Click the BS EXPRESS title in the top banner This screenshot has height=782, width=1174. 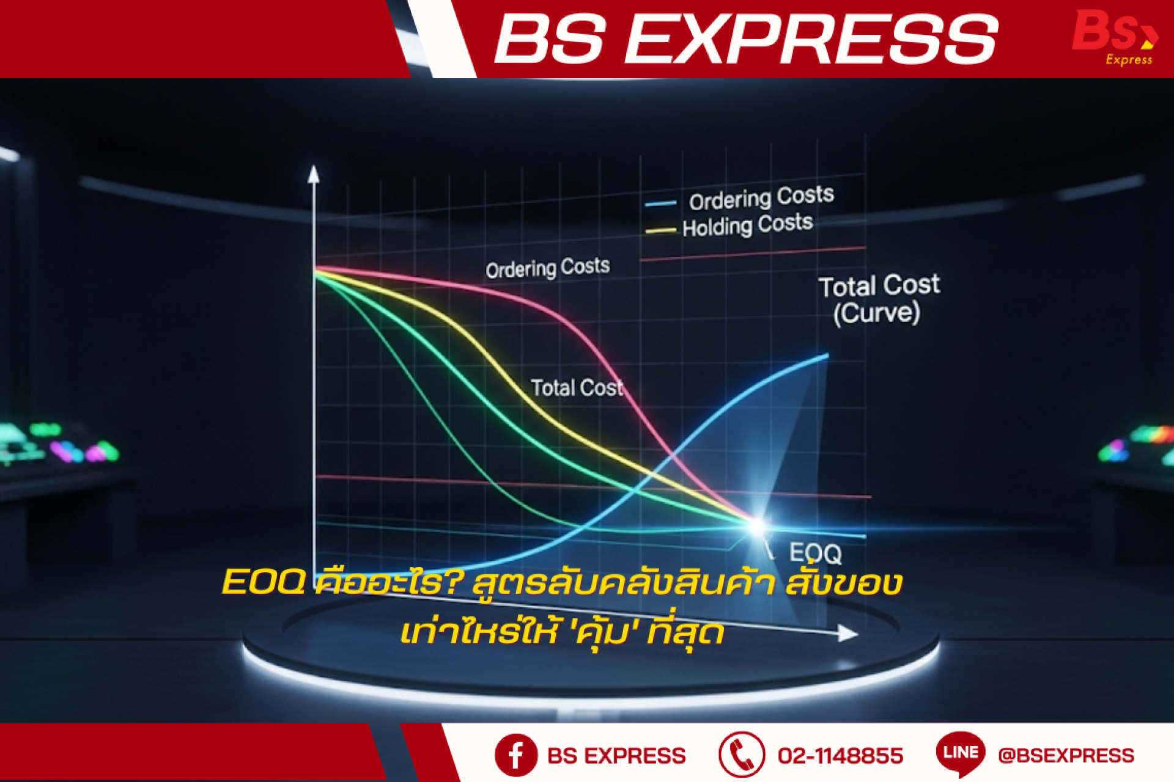[x=746, y=39]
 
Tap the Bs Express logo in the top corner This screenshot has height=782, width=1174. [x=1115, y=37]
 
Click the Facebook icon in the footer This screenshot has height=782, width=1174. [x=516, y=755]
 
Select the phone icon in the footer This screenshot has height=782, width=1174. [x=742, y=755]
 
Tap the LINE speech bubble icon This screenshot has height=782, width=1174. [x=961, y=754]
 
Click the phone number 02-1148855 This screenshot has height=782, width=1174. [x=840, y=756]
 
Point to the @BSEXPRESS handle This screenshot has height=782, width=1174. [x=1066, y=756]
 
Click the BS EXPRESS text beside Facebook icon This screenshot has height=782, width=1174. [x=616, y=756]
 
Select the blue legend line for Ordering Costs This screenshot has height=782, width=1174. [x=660, y=203]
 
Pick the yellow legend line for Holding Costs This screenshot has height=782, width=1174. [x=660, y=231]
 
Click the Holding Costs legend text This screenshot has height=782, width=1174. [x=747, y=225]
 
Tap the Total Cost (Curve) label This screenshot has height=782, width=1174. [x=879, y=299]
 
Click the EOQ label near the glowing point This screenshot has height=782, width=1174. [x=816, y=554]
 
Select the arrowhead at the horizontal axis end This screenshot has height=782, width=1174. [x=848, y=634]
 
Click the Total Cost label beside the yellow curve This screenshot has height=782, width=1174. [x=577, y=387]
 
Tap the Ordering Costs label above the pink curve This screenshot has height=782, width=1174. [x=548, y=268]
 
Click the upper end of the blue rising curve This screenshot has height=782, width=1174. [x=827, y=355]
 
